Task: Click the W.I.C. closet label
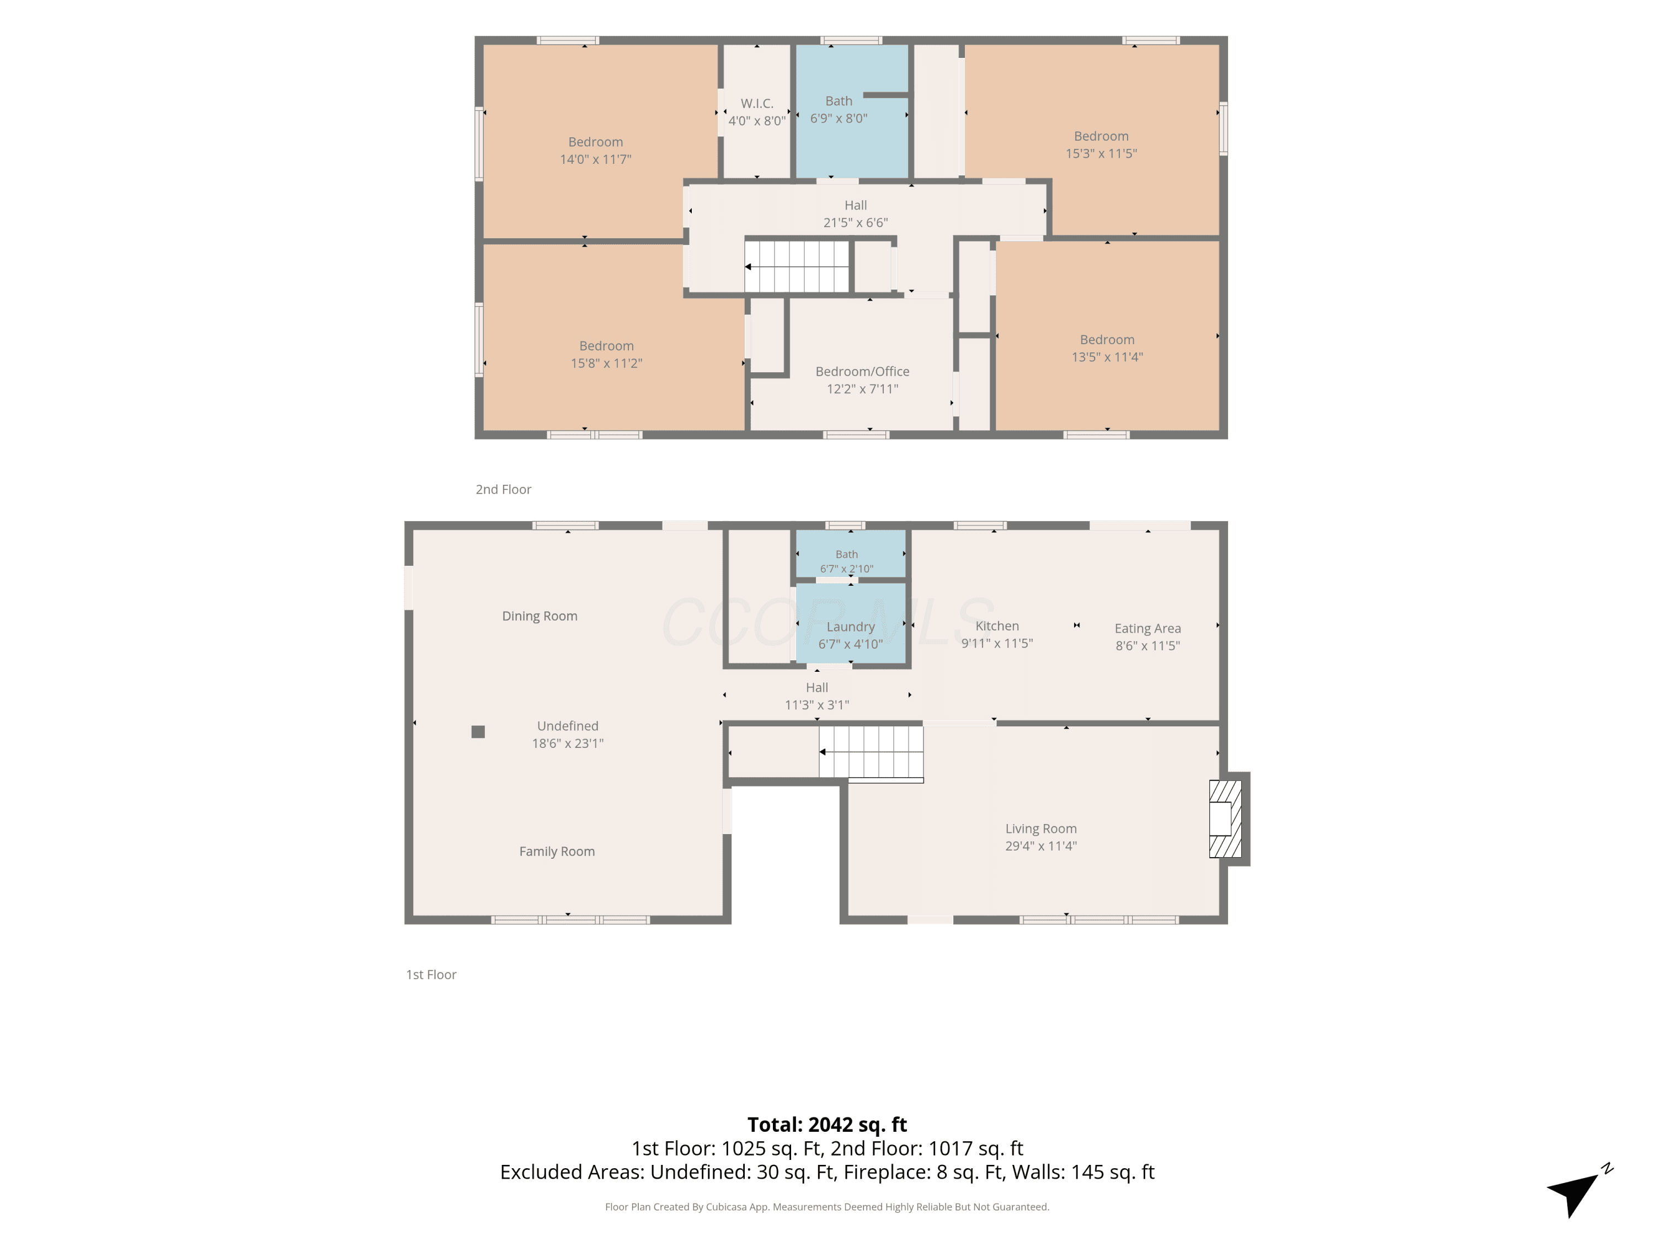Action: (757, 103)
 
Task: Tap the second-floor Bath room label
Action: (839, 101)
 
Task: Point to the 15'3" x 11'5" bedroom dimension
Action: (1101, 153)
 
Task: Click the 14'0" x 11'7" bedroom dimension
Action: (596, 159)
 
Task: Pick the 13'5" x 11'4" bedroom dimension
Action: (1107, 357)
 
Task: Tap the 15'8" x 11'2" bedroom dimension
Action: (607, 363)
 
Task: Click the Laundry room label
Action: (851, 627)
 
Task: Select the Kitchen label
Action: (997, 626)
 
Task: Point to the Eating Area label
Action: (1147, 628)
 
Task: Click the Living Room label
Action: (1041, 829)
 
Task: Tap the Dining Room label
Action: (540, 616)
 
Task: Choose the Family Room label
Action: (557, 851)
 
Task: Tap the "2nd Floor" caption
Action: (504, 489)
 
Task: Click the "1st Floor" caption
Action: (431, 975)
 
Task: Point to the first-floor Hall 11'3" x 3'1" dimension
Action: (817, 705)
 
